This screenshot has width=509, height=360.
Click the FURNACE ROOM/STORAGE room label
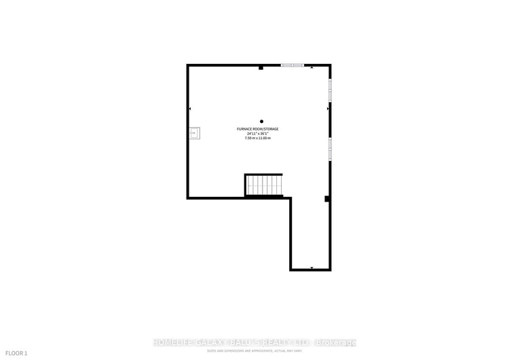point(258,129)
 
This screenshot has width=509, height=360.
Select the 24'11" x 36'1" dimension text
point(258,134)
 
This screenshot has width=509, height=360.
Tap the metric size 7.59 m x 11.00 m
point(258,139)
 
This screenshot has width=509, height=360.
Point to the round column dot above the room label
point(261,122)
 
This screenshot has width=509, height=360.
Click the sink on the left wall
point(195,133)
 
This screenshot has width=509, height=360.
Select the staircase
point(263,185)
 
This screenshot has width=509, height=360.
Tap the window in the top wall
point(293,65)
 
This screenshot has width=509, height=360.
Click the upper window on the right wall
point(331,90)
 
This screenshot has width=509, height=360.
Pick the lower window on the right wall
point(331,148)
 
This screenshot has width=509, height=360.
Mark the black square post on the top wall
point(261,67)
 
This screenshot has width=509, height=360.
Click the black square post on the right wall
point(327,199)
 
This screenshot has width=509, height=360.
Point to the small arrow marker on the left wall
point(190,109)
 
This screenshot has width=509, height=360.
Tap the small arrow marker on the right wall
point(328,109)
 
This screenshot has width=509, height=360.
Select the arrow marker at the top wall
point(312,68)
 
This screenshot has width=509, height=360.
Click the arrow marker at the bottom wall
point(312,268)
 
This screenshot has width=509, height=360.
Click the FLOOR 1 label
point(16,353)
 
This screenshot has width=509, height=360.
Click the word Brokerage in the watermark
point(335,342)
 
